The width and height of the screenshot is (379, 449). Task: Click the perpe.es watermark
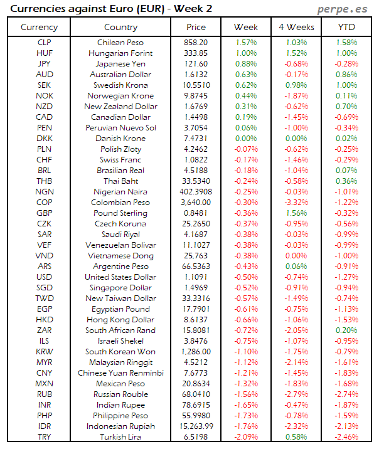(343, 9)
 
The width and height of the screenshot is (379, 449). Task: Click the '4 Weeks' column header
(296, 27)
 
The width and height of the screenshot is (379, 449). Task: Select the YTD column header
(346, 27)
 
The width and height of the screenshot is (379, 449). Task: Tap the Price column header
(196, 27)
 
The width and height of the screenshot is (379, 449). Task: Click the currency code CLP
(44, 42)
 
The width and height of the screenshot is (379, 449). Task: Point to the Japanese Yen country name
(120, 64)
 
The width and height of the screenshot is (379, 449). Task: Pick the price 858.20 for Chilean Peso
(196, 42)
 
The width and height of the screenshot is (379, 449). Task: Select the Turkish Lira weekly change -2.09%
(245, 437)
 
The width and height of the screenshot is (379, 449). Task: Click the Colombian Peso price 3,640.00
(196, 203)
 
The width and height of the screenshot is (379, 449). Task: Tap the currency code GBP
(44, 213)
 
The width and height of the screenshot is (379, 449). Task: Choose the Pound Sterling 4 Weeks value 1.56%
(296, 213)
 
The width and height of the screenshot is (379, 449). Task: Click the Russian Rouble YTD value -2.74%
(346, 394)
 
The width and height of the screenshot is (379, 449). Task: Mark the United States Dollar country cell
(120, 277)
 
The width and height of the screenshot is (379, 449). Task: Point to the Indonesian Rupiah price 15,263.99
(196, 426)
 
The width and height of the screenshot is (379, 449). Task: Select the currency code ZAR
(44, 330)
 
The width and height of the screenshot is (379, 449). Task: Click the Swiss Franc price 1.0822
(196, 160)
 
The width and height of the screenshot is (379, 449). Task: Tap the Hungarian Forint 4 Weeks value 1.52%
(296, 53)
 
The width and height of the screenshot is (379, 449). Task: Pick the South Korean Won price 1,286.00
(196, 352)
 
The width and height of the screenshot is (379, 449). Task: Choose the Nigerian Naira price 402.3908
(196, 192)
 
